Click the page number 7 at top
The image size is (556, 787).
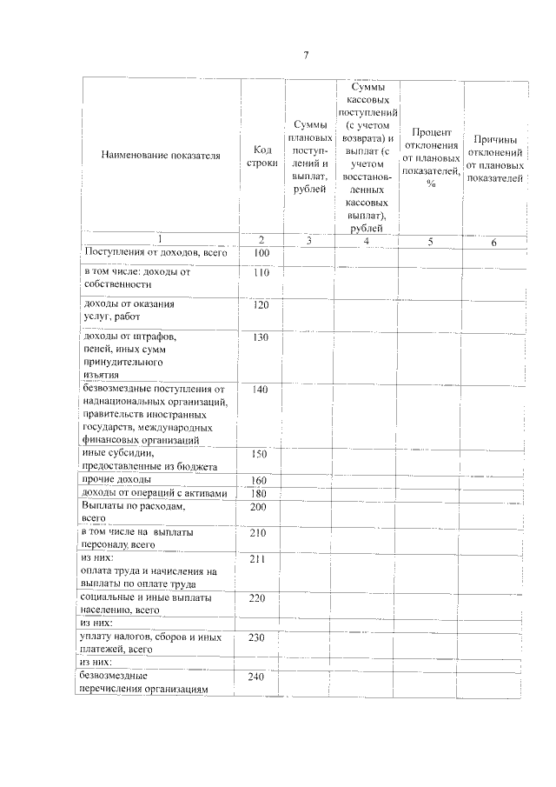click(306, 56)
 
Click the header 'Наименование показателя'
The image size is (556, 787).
click(161, 155)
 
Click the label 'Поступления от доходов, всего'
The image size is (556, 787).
click(154, 252)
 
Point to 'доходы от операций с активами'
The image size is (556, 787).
click(154, 494)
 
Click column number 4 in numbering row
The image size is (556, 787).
click(367, 240)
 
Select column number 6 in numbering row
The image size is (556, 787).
click(493, 242)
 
